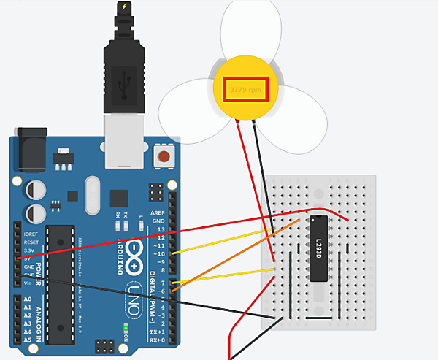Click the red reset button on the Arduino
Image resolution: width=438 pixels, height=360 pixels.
pyautogui.click(x=164, y=156)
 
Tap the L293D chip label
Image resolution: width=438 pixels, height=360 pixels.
pyautogui.click(x=320, y=248)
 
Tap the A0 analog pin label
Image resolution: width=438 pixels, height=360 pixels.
pyautogui.click(x=27, y=299)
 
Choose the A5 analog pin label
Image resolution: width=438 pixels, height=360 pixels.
pyautogui.click(x=27, y=340)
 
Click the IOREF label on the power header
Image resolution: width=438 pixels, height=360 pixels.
pyautogui.click(x=31, y=234)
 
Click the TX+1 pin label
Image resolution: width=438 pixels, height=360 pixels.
pyautogui.click(x=155, y=331)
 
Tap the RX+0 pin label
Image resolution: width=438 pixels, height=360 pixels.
pyautogui.click(x=155, y=340)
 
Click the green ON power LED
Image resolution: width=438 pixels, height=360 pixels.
pyautogui.click(x=126, y=337)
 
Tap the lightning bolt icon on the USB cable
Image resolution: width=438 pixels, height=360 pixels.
pyautogui.click(x=125, y=7)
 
